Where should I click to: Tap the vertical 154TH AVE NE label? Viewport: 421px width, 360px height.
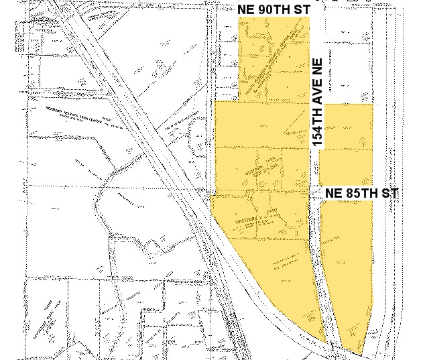click(x=318, y=102)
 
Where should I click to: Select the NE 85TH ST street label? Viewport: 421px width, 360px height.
click(x=361, y=193)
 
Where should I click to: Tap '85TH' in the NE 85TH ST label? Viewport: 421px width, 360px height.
click(x=364, y=193)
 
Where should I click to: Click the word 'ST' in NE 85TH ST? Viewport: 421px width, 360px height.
click(x=391, y=193)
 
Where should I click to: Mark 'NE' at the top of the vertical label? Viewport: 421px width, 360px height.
click(x=318, y=67)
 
